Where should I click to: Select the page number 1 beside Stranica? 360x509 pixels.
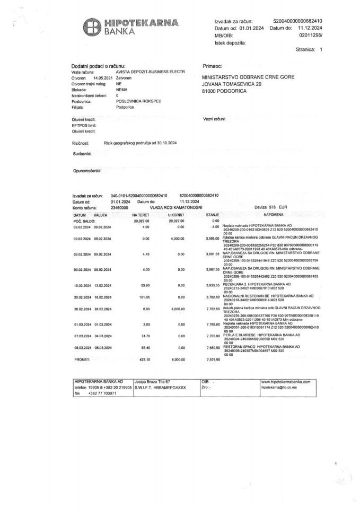(x=321, y=49)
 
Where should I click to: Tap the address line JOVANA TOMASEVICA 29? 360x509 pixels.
(x=232, y=84)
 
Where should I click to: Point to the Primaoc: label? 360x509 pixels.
(x=212, y=66)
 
